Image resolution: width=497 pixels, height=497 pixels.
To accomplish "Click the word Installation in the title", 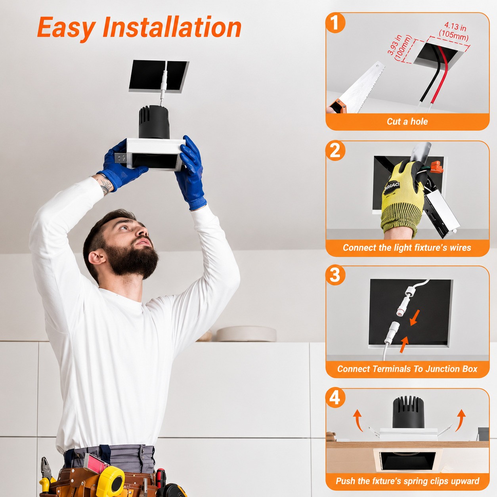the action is [172, 27].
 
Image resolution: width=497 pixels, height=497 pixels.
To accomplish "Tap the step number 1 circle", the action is [335, 23].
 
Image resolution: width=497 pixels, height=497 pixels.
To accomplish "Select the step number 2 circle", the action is [335, 151].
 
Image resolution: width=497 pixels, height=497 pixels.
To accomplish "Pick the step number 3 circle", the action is [335, 275].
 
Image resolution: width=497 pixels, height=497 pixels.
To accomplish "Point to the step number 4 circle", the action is [335, 398].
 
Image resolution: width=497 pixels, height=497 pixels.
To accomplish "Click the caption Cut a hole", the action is [407, 122].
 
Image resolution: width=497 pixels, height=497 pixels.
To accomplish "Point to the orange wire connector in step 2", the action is [438, 167].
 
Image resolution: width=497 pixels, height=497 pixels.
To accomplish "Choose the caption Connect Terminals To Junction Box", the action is [407, 369].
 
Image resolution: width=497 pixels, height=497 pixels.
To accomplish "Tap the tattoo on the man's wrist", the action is [105, 185].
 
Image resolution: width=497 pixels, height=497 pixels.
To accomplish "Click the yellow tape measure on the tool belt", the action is [111, 481].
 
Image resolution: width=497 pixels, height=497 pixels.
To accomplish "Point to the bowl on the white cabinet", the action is [246, 334].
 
